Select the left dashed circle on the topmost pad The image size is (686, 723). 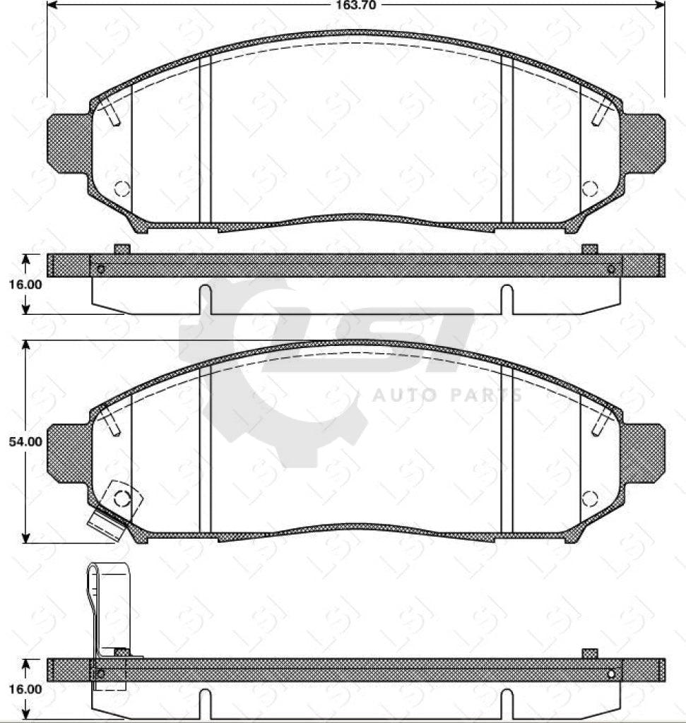tap(122, 189)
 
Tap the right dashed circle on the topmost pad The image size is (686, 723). tap(589, 189)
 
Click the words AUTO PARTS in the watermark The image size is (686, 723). tap(447, 395)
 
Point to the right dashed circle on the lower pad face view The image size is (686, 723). tap(589, 498)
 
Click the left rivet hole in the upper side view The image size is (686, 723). tap(100, 269)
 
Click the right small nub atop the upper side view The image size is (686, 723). tap(589, 249)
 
